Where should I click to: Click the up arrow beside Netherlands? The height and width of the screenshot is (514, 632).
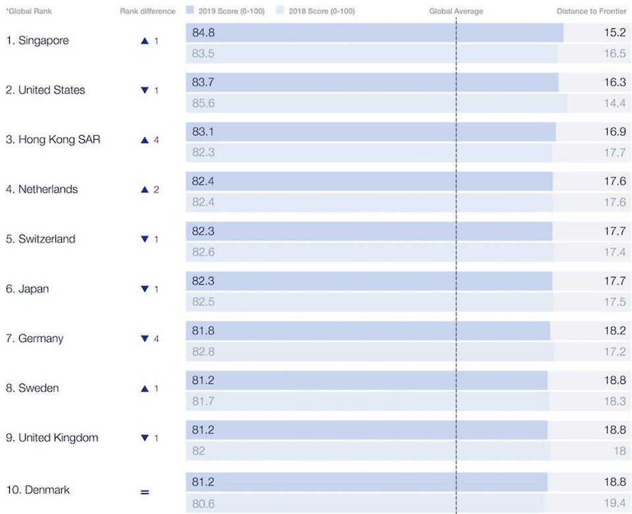pyautogui.click(x=145, y=190)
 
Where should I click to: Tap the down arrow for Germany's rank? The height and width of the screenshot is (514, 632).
pyautogui.click(x=145, y=339)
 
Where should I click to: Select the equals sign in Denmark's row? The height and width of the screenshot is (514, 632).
pyautogui.click(x=145, y=492)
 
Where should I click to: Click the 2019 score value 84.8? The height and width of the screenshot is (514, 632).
pyautogui.click(x=203, y=33)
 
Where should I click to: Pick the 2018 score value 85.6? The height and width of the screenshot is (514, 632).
pyautogui.click(x=203, y=103)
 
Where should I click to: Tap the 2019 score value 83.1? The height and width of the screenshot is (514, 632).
pyautogui.click(x=203, y=132)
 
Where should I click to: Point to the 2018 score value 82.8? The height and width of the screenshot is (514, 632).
pyautogui.click(x=203, y=352)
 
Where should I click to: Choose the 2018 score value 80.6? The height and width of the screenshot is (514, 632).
pyautogui.click(x=203, y=504)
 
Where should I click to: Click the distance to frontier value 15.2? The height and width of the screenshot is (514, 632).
pyautogui.click(x=614, y=33)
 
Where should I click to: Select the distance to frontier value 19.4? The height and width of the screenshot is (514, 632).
pyautogui.click(x=614, y=504)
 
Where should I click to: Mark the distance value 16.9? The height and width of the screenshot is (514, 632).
pyautogui.click(x=614, y=132)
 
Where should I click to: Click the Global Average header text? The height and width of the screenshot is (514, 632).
pyautogui.click(x=456, y=11)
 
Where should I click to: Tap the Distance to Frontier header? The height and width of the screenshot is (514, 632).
pyautogui.click(x=591, y=11)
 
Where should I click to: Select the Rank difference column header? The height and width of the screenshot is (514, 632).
pyautogui.click(x=147, y=11)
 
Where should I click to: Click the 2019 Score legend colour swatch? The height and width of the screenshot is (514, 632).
pyautogui.click(x=190, y=11)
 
